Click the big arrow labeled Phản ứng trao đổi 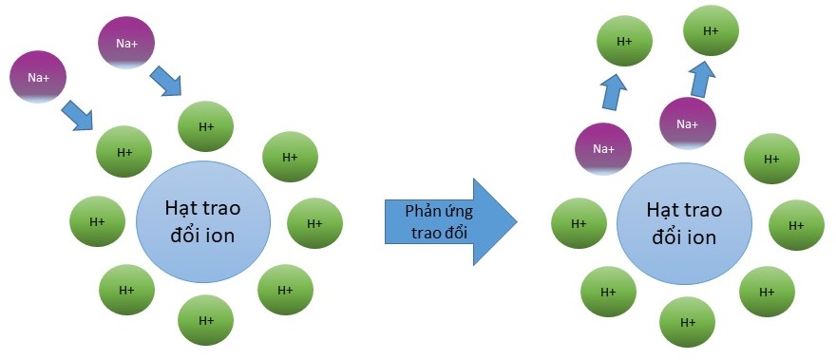tap(446, 221)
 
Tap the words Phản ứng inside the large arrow tap(439, 211)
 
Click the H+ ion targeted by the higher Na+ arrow tap(206, 125)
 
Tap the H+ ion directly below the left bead tap(206, 321)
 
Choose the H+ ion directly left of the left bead tap(97, 221)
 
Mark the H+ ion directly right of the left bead tap(314, 223)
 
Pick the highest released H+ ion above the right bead tap(711, 30)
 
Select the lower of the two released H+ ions tap(624, 42)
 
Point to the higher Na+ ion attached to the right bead tap(686, 123)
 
